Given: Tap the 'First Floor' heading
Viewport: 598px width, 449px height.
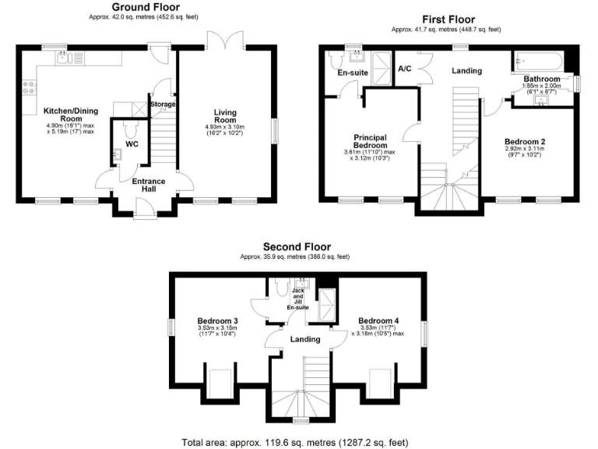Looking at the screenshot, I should (448, 19).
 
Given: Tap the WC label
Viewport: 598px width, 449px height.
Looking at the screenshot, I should (131, 143).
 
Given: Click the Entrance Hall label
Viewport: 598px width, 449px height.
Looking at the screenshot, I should (148, 185).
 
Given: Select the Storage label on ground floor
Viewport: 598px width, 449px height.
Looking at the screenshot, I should (163, 104).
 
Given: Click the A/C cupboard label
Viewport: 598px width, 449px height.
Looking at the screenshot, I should (405, 69).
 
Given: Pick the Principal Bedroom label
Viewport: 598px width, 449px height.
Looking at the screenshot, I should (370, 141).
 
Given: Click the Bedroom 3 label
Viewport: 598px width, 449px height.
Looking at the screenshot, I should (217, 320).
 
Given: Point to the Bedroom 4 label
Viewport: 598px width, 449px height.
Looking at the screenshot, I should (378, 320).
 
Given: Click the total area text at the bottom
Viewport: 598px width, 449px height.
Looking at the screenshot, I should (295, 442).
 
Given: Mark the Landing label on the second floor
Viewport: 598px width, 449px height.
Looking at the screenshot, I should (305, 339).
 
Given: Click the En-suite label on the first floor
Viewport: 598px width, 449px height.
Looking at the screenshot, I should (352, 72).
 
